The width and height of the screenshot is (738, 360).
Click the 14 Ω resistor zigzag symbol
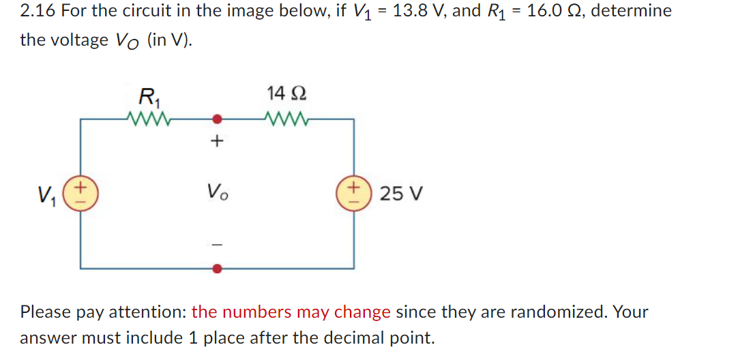click(287, 120)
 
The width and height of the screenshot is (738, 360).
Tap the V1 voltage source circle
click(81, 193)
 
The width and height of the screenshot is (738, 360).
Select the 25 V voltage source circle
click(353, 193)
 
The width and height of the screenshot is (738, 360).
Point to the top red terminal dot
click(217, 119)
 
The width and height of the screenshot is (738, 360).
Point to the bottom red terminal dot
click(217, 269)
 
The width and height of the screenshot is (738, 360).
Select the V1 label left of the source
click(47, 194)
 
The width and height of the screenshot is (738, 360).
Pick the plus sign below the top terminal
click(217, 142)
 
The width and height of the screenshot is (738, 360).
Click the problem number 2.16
click(38, 11)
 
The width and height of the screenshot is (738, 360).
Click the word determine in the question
click(630, 11)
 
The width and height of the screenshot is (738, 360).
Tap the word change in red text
click(364, 312)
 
